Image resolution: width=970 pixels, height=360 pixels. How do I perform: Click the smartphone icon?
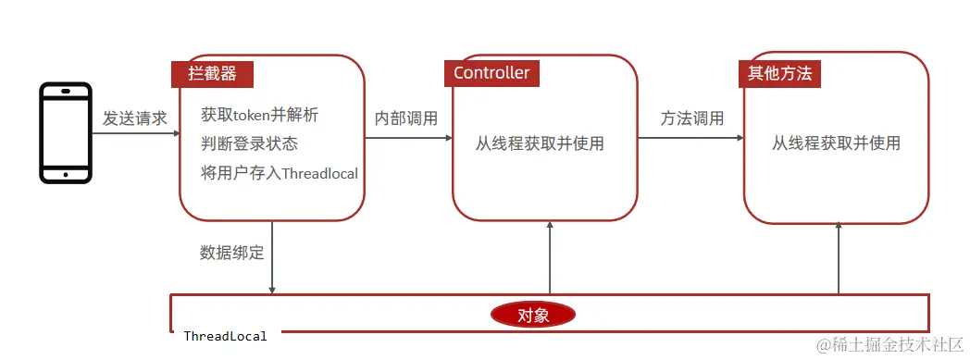point(66,132)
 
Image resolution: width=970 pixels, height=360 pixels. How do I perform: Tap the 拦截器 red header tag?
point(212,73)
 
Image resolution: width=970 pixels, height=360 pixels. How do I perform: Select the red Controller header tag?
point(491,73)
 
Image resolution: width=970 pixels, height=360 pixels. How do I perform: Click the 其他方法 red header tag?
point(779,73)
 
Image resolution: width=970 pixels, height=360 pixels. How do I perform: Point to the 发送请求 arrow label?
point(135,118)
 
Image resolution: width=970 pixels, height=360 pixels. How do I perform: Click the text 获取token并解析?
point(259,116)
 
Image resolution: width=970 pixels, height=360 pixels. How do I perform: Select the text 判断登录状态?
point(249,144)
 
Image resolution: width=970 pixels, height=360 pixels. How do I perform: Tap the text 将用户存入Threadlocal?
point(279,173)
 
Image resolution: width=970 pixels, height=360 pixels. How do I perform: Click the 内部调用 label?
point(406,118)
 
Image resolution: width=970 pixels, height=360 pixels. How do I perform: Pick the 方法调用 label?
point(692,118)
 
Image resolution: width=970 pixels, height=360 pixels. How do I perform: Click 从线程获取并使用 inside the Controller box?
point(540,143)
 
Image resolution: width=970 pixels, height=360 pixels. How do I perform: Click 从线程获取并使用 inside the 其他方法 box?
point(836,143)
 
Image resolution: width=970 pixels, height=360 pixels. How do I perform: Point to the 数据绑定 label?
point(231,252)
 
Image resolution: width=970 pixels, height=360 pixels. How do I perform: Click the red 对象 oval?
point(532,315)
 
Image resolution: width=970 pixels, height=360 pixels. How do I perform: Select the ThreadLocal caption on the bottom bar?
point(225,336)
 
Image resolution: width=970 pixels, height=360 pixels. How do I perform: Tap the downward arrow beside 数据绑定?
point(272,259)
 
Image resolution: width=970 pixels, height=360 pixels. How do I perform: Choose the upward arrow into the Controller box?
point(550,259)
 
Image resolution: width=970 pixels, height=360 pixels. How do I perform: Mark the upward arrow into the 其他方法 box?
point(839,259)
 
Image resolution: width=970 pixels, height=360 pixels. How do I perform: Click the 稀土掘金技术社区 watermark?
point(889,343)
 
